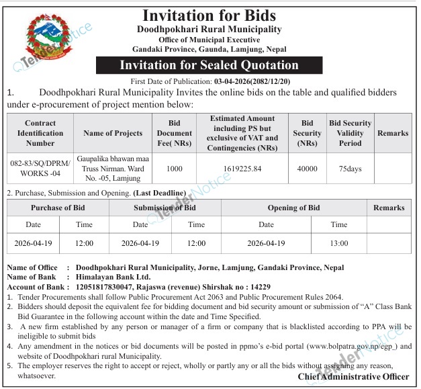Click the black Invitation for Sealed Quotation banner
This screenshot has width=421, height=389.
pyautogui.click(x=209, y=65)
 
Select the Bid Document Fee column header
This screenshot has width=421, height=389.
pyautogui.click(x=175, y=133)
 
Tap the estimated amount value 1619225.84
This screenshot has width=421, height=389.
pyautogui.click(x=242, y=169)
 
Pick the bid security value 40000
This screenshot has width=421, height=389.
pyautogui.click(x=307, y=169)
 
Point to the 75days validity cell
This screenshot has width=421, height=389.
pyautogui.click(x=350, y=169)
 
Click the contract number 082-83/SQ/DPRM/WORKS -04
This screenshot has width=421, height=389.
pyautogui.click(x=40, y=169)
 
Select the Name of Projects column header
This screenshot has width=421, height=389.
pyautogui.click(x=113, y=133)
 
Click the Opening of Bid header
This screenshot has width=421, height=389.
pyautogui.click(x=294, y=208)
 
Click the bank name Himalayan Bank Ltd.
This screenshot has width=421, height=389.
pyautogui.click(x=113, y=276)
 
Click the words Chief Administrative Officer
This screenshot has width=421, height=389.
pyautogui.click(x=354, y=377)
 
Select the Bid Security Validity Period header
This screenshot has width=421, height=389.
pyautogui.click(x=350, y=133)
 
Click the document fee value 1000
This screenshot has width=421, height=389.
pyautogui.click(x=175, y=169)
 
